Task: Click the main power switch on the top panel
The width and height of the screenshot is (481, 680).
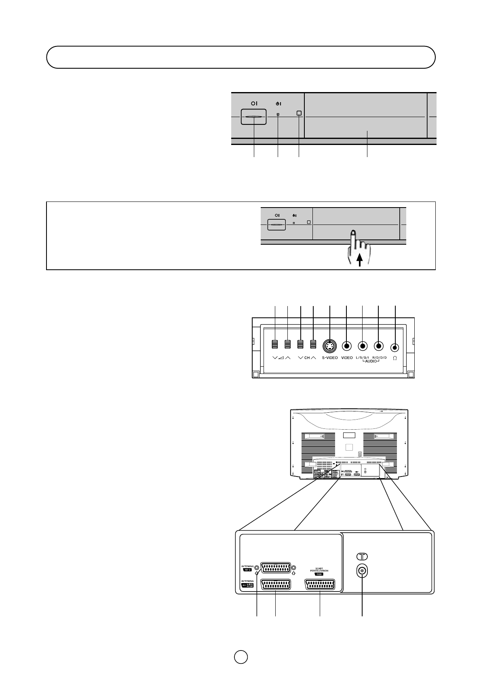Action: pyautogui.click(x=254, y=117)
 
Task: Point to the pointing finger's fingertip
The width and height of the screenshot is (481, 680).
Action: pyautogui.click(x=353, y=233)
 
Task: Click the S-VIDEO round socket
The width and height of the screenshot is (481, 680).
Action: pyautogui.click(x=330, y=346)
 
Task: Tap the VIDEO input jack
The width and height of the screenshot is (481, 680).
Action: pyautogui.click(x=346, y=346)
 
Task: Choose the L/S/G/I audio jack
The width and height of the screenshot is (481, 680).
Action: pyautogui.click(x=363, y=346)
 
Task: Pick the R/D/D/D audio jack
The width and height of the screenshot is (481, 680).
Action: pyautogui.click(x=378, y=346)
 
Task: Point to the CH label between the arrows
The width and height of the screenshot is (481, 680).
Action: pyautogui.click(x=307, y=358)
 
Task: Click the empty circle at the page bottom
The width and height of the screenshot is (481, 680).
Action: pyautogui.click(x=240, y=656)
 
